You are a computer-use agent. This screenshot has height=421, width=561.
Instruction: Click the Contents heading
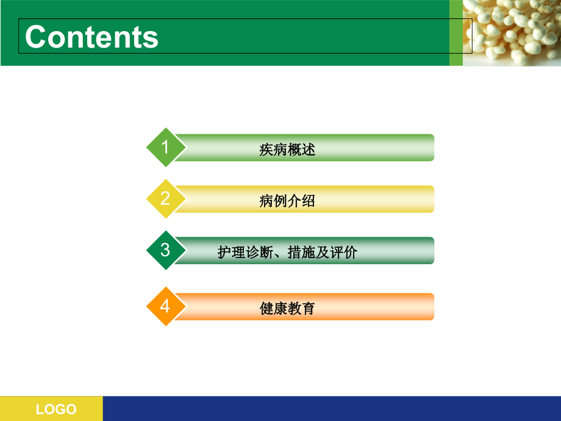[91, 37]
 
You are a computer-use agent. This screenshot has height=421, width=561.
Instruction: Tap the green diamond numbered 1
[165, 147]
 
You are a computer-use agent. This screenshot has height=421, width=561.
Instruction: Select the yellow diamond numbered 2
[165, 199]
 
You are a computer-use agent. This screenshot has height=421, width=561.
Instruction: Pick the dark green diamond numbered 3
[165, 250]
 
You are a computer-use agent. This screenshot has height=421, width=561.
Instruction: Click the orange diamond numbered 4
[165, 306]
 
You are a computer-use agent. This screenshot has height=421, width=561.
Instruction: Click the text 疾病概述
[287, 149]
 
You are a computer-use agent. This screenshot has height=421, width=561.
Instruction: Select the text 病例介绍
[287, 201]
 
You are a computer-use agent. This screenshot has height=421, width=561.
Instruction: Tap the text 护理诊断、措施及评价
[287, 252]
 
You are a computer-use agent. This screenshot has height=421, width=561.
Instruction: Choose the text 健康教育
[287, 308]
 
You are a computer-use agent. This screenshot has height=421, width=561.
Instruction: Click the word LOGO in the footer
[56, 409]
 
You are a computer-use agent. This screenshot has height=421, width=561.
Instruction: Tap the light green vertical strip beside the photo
[456, 33]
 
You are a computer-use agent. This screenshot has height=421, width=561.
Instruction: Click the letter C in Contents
[36, 37]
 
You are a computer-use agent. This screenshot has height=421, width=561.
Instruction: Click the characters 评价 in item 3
[344, 252]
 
